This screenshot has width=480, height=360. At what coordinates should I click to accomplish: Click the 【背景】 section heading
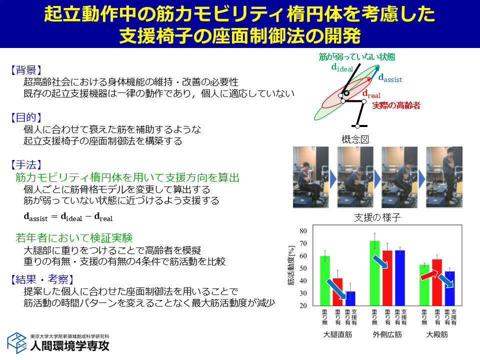click(x=26, y=70)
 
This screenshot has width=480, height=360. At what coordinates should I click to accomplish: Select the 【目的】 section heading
click(x=26, y=117)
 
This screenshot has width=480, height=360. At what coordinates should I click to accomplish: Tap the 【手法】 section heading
click(x=26, y=164)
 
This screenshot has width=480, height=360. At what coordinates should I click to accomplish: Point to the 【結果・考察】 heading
click(x=42, y=279)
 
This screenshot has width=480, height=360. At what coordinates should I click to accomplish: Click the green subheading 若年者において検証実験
click(x=74, y=238)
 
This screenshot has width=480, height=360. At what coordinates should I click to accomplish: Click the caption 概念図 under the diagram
click(x=355, y=139)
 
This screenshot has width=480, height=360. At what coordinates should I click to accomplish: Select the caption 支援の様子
click(x=377, y=217)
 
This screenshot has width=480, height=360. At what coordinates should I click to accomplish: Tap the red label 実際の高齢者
click(x=396, y=105)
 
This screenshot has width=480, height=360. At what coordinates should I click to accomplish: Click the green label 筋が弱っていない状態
click(x=357, y=56)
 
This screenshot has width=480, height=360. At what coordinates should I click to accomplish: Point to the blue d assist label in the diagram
click(x=390, y=78)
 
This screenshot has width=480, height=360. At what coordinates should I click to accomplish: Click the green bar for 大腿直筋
click(x=325, y=280)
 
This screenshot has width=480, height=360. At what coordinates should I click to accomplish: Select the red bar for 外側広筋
click(x=387, y=278)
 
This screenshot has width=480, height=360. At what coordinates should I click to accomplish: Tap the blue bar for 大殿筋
click(x=449, y=288)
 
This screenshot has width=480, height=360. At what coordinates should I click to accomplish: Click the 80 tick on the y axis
click(x=303, y=231)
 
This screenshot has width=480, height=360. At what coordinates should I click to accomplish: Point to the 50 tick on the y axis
click(x=303, y=268)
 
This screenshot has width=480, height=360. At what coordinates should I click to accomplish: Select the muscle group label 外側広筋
click(x=387, y=334)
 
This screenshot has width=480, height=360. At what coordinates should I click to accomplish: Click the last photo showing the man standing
click(x=444, y=177)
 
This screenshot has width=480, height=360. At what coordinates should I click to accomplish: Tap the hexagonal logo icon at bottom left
click(x=17, y=343)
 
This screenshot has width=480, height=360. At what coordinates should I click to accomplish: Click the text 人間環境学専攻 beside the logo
click(x=70, y=346)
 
